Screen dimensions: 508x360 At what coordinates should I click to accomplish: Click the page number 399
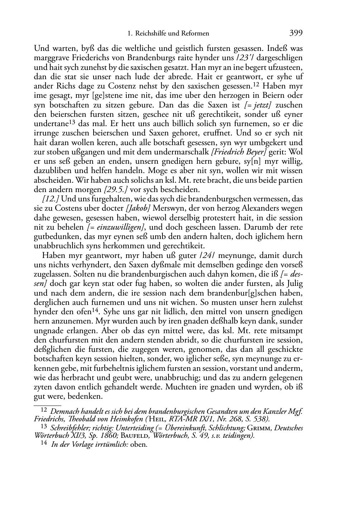(296, 34)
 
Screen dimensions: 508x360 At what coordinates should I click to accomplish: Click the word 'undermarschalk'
(186, 152)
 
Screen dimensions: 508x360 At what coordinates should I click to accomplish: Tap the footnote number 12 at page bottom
(44, 409)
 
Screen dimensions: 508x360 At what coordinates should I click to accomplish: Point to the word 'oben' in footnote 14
(141, 445)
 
